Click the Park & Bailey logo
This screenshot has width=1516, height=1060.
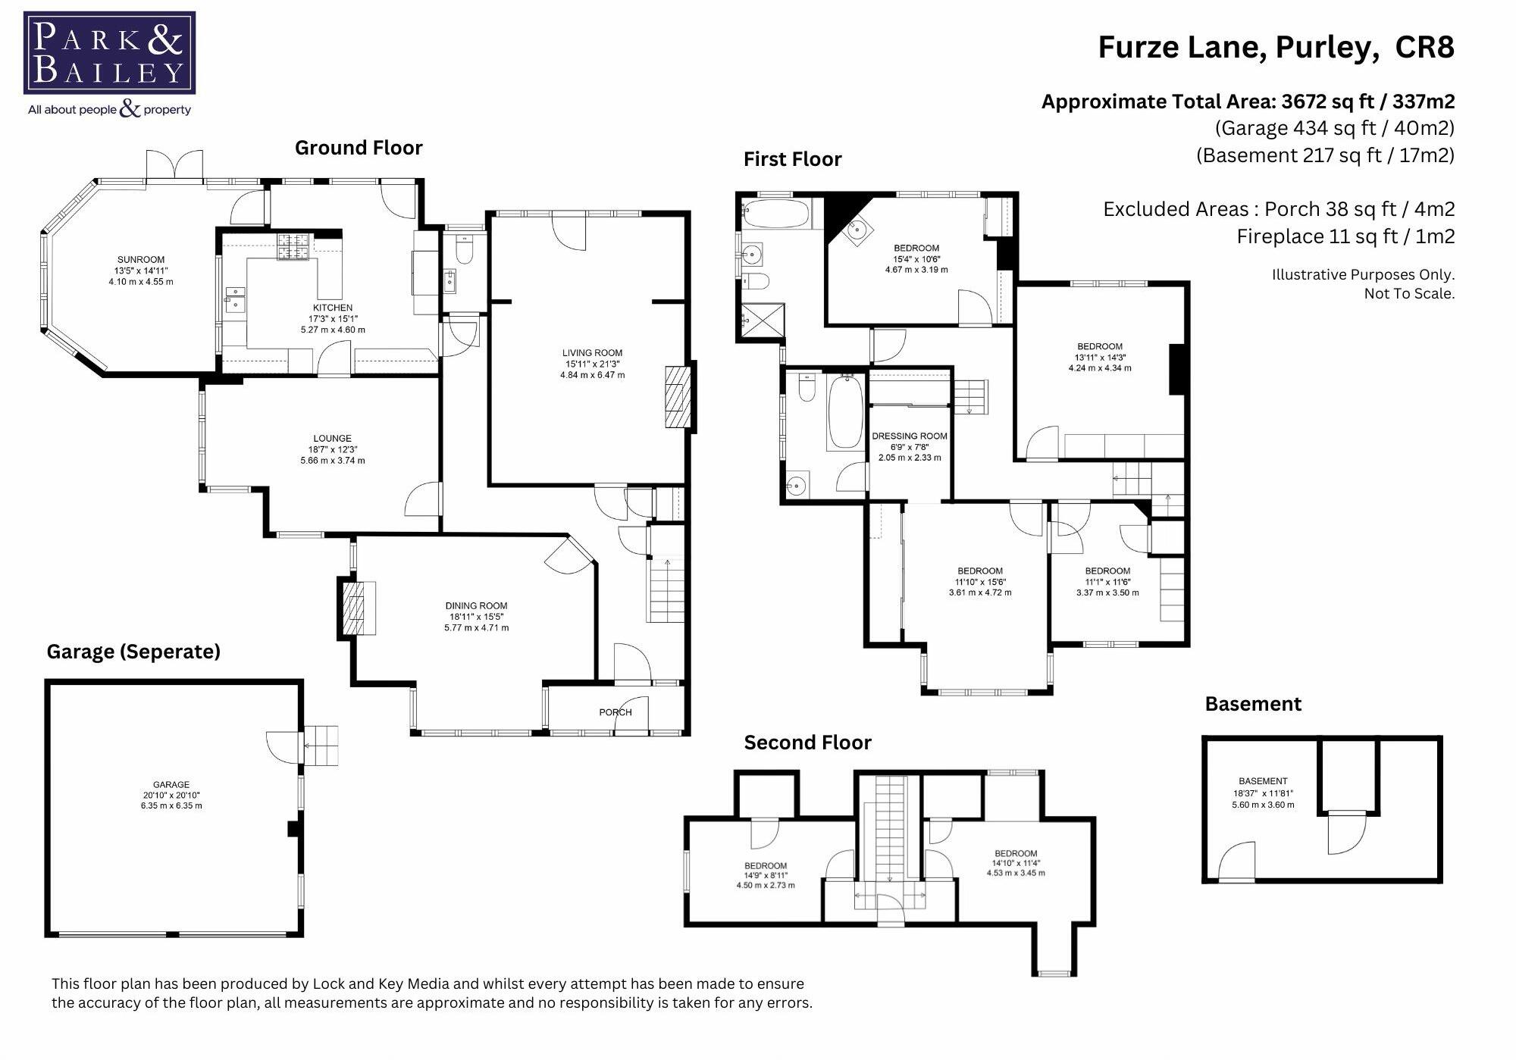tap(110, 64)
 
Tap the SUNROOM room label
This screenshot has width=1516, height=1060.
tap(141, 260)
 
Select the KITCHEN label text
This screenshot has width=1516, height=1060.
tap(333, 308)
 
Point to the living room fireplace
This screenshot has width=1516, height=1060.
tap(679, 397)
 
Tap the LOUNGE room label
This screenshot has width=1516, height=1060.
tap(332, 438)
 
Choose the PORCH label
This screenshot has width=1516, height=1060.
tap(615, 712)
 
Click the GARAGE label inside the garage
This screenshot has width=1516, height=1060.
tap(171, 785)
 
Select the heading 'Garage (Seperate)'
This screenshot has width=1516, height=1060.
tap(133, 652)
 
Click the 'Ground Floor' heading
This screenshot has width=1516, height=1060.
tap(359, 148)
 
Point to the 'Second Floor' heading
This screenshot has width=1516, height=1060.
tap(807, 743)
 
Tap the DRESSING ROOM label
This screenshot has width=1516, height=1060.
tap(910, 436)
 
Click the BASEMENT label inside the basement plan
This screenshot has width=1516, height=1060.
tap(1263, 781)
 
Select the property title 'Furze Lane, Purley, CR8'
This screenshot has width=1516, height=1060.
tap(1276, 47)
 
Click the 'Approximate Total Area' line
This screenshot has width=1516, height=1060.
tap(1248, 102)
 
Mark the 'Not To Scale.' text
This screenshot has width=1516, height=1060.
tap(1409, 294)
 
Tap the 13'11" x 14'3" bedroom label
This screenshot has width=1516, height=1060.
tap(1100, 358)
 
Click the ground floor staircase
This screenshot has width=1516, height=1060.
tap(665, 589)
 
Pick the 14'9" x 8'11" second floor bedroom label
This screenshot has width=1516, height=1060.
tap(766, 875)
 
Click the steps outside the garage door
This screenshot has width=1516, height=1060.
tap(321, 746)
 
